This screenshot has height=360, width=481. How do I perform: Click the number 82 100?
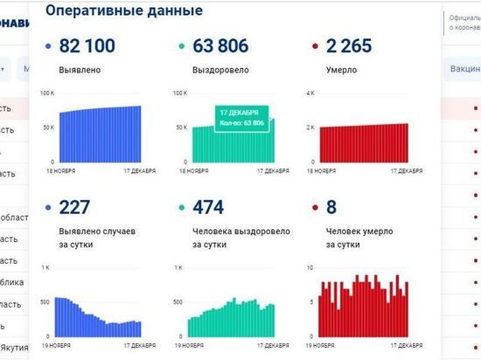coord(89,45)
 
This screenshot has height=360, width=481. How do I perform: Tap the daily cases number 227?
coord(74,207)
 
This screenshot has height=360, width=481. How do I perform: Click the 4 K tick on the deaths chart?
coord(310,93)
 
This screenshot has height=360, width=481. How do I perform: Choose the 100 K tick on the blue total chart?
coord(49,93)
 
